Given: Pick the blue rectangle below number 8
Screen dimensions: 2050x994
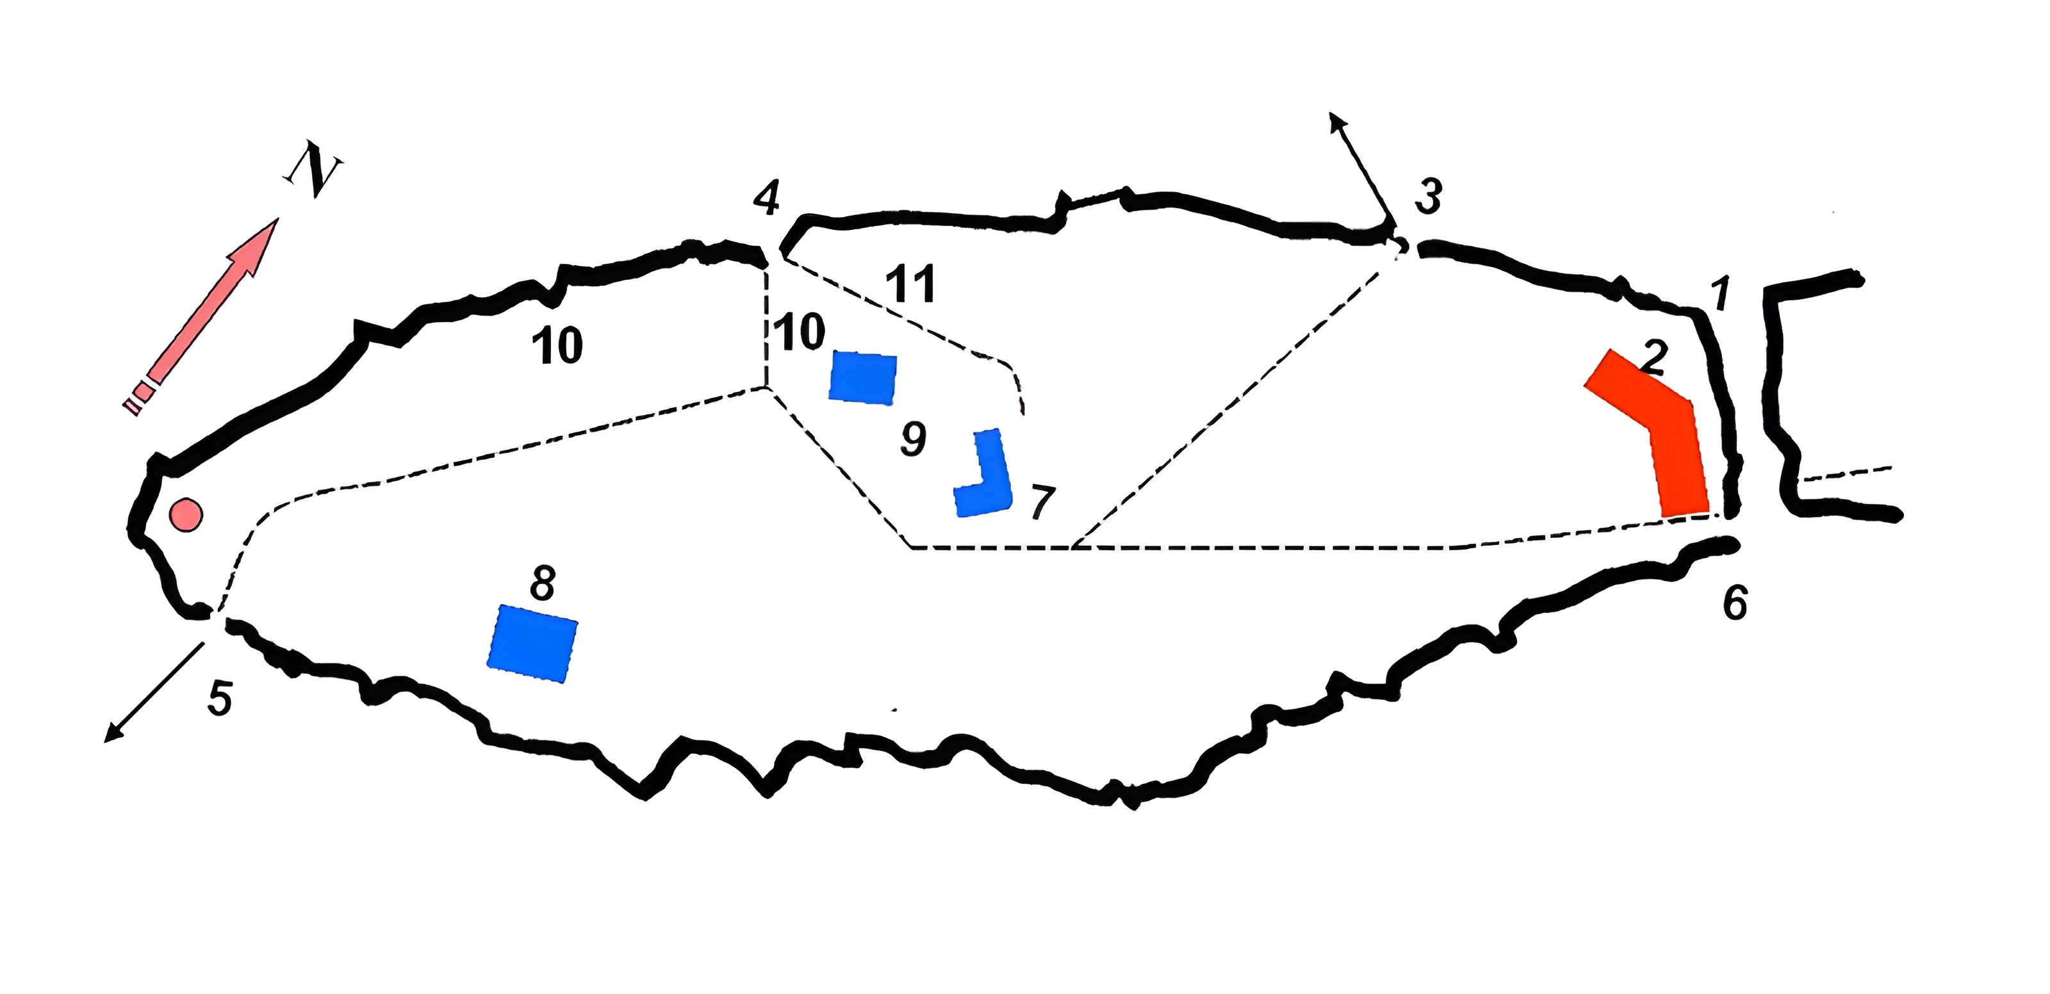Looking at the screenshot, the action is [532, 643].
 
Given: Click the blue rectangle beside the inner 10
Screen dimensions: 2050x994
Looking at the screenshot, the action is [863, 377].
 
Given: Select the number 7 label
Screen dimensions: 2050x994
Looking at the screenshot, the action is [1042, 502].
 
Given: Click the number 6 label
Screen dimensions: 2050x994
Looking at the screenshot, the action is [1735, 603].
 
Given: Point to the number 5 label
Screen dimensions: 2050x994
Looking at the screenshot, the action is [220, 699].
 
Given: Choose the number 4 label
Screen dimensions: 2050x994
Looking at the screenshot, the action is [766, 197].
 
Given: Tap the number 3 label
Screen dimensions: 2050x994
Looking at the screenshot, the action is [1428, 197].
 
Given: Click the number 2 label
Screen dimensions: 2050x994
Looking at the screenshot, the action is [1653, 357].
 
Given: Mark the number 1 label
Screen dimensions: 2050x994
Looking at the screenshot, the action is [1721, 295].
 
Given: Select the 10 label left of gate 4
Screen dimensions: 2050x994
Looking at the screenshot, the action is [557, 345].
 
